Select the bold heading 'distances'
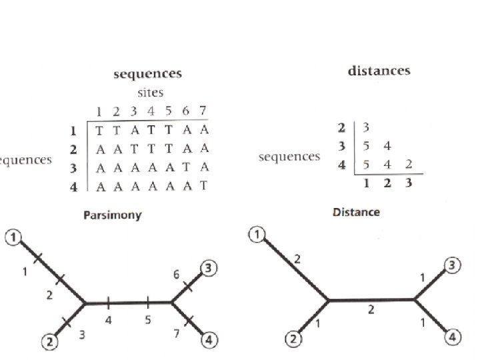pos(379,71)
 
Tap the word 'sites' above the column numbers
pos(150,93)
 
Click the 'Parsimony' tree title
pos(112,216)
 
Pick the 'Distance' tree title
pos(356,213)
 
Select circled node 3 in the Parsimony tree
pos(209,268)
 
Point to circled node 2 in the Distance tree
pos(293,339)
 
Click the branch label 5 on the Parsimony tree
pos(147,320)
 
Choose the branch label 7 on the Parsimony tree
pos(177,333)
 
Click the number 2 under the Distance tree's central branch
pos(372,311)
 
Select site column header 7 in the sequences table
pos(203,111)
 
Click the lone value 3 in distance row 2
pos(366,127)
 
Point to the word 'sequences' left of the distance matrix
pos(289,157)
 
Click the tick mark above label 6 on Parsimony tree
pos(188,284)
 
